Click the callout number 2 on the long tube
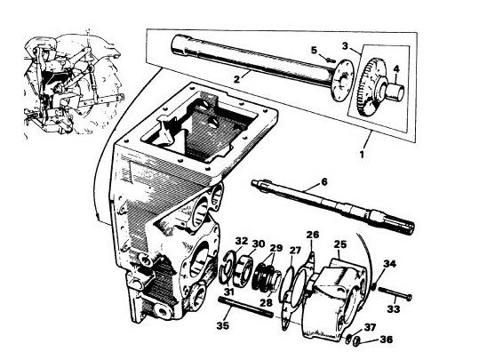point(236,78)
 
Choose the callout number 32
point(242,242)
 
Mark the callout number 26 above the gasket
point(311,234)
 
